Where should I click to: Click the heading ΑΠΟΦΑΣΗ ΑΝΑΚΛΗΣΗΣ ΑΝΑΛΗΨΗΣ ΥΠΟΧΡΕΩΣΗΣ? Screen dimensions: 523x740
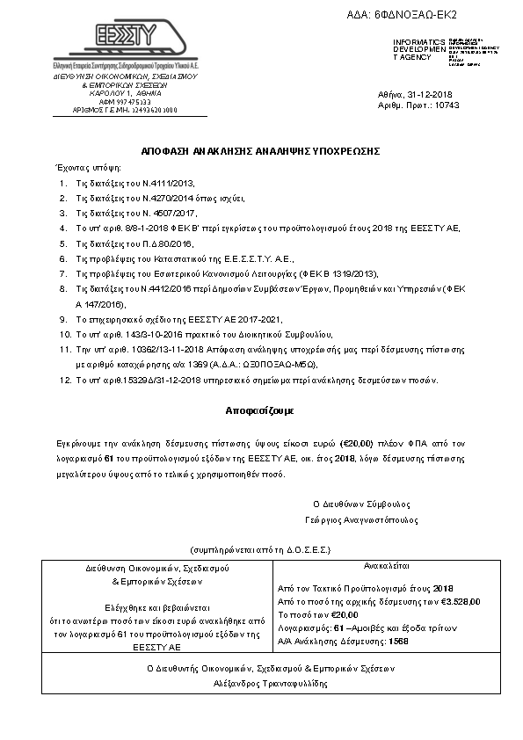coord(260,150)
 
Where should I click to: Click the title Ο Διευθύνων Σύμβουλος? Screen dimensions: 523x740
coord(361,504)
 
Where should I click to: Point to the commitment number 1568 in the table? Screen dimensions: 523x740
coord(398,641)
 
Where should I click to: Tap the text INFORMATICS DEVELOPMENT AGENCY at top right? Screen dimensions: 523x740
coord(413,49)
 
